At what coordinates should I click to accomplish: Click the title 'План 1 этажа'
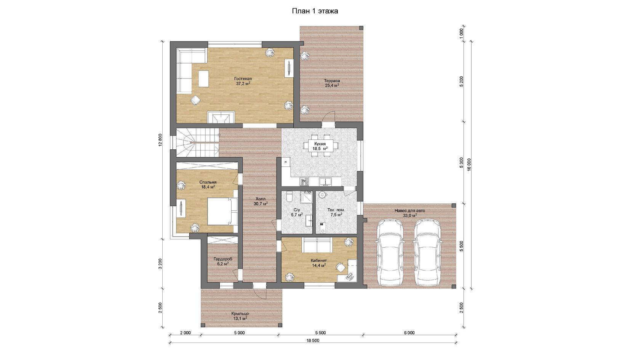pos(315,11)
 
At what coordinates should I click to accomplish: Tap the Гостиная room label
pos(243,78)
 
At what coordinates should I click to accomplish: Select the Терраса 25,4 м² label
pos(332,83)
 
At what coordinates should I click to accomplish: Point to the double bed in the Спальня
pos(222,211)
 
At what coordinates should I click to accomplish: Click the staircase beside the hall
pos(197,142)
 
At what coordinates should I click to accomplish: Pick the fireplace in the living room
pos(221,117)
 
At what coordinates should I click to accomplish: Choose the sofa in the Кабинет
pos(317,245)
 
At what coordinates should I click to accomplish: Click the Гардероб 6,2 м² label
pos(223,261)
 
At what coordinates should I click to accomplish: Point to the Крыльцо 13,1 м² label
pos(240,316)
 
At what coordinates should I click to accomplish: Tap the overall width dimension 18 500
pos(313,340)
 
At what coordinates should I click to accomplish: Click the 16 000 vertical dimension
pos(469,165)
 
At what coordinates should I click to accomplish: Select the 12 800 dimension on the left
pos(160,140)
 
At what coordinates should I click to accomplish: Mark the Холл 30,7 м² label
pos(261,201)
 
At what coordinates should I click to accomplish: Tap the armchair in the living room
pos(196,100)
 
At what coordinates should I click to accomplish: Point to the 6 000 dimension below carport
pos(409,333)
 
